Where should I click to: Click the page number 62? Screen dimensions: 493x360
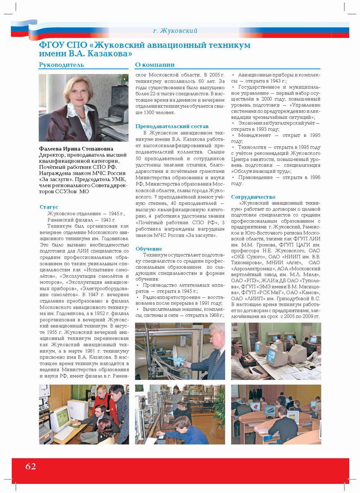[x=31, y=466]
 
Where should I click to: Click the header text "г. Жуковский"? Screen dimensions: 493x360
[x=175, y=31]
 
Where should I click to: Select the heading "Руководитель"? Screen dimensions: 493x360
[x=61, y=65]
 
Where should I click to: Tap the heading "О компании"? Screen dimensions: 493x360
[x=155, y=65]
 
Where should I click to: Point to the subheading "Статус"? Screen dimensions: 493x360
[x=49, y=207]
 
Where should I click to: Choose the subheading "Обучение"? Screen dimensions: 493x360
[x=148, y=249]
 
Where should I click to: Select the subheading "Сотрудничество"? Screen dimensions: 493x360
[x=253, y=197]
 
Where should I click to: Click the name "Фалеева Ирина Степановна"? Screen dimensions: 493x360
[x=76, y=149]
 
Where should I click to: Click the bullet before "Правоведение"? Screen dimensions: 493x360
[x=233, y=177]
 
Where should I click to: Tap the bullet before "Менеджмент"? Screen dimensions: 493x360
[x=233, y=135]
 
